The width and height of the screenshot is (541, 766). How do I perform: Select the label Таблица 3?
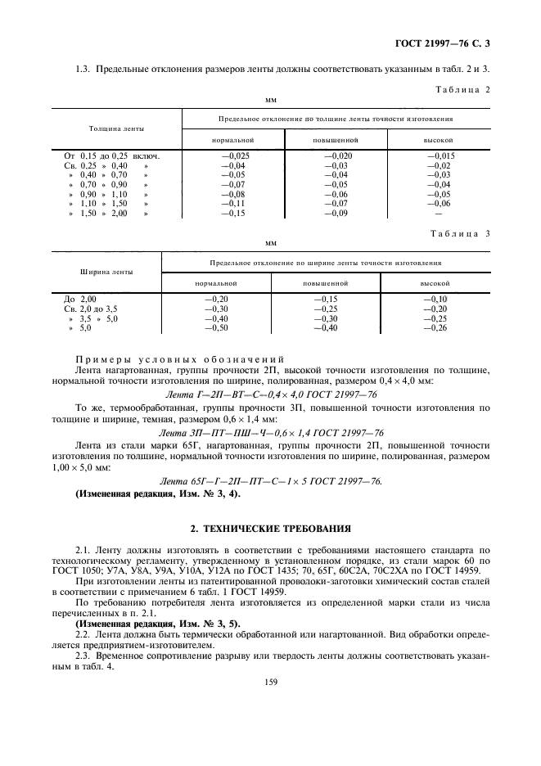pyautogui.click(x=462, y=233)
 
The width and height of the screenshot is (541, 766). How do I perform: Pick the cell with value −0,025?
pyautogui.click(x=237, y=155)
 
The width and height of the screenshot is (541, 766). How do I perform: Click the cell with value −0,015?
pyautogui.click(x=440, y=155)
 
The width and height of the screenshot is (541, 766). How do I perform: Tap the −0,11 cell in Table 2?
pyautogui.click(x=237, y=203)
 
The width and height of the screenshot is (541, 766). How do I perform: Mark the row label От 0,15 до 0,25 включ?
pyautogui.click(x=111, y=155)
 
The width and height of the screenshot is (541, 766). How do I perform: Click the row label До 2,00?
pyautogui.click(x=80, y=300)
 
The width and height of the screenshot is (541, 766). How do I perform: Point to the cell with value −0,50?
pyautogui.click(x=215, y=328)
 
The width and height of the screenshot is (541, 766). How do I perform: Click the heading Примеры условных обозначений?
pyautogui.click(x=179, y=360)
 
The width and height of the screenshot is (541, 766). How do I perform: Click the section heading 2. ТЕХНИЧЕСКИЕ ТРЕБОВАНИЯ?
pyautogui.click(x=270, y=529)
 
